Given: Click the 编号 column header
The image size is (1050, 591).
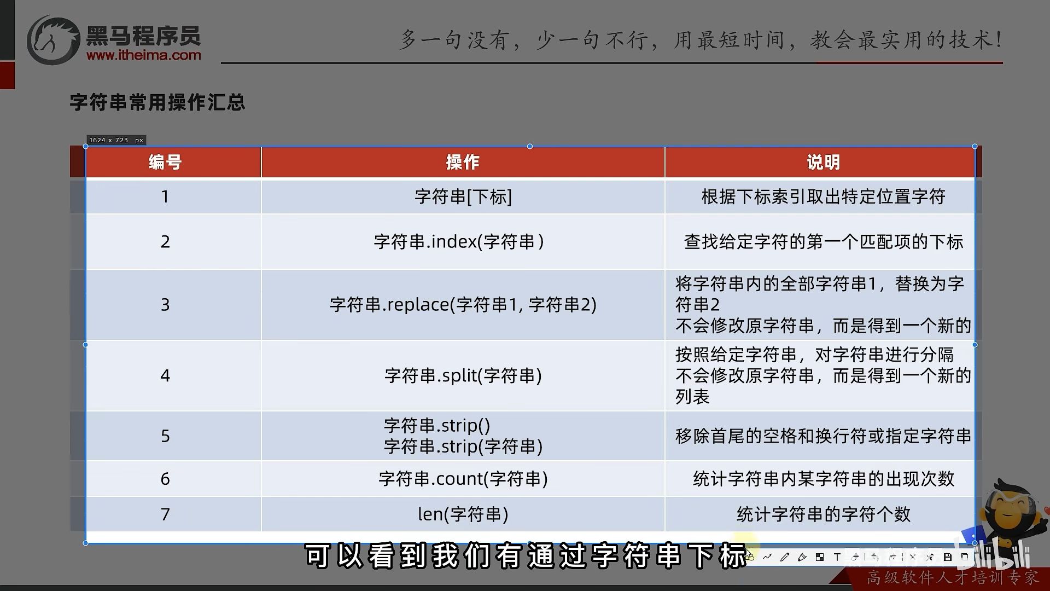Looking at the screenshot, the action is [165, 162].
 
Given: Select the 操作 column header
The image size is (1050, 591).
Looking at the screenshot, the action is [463, 162].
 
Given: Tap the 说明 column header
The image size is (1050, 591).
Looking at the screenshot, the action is [823, 162].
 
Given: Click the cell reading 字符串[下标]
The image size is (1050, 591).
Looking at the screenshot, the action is [463, 196].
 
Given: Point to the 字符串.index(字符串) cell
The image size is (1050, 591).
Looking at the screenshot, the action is [459, 241].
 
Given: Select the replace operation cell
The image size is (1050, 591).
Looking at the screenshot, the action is [463, 304].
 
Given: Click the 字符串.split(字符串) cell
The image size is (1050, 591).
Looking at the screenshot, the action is [463, 375].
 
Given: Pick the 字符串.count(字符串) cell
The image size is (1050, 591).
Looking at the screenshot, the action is [463, 479].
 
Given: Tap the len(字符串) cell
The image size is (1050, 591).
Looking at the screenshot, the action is [463, 514].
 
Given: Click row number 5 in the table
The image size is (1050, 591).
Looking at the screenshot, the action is [165, 436].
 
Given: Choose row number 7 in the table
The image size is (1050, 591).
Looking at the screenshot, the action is [165, 514].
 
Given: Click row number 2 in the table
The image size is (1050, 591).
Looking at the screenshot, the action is [165, 242].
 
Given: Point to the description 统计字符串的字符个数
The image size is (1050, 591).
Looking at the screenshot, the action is [823, 514].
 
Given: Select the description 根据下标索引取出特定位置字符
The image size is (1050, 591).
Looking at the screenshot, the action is [823, 196].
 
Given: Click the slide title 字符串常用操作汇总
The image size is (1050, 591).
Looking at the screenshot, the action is [157, 102].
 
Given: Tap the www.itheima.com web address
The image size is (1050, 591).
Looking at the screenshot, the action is [143, 55].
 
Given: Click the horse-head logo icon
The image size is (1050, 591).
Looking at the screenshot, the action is [53, 40].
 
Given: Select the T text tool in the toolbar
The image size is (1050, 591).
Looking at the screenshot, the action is [837, 557].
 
